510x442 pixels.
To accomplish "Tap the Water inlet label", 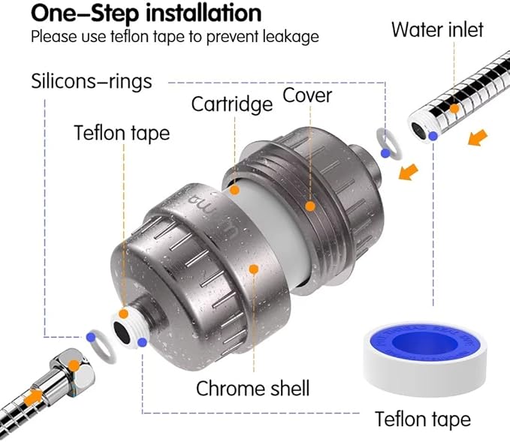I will (437, 30).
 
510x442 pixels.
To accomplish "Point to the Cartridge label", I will (231, 103).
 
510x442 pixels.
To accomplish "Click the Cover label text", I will (307, 95).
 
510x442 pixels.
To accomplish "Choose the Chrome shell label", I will (252, 388).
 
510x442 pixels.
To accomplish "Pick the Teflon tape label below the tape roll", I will (423, 419).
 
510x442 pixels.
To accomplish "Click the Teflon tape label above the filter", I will (122, 133).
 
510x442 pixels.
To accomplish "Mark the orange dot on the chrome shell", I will (254, 269).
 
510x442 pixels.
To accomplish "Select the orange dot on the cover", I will (309, 204).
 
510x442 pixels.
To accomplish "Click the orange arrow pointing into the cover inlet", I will (409, 173).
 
